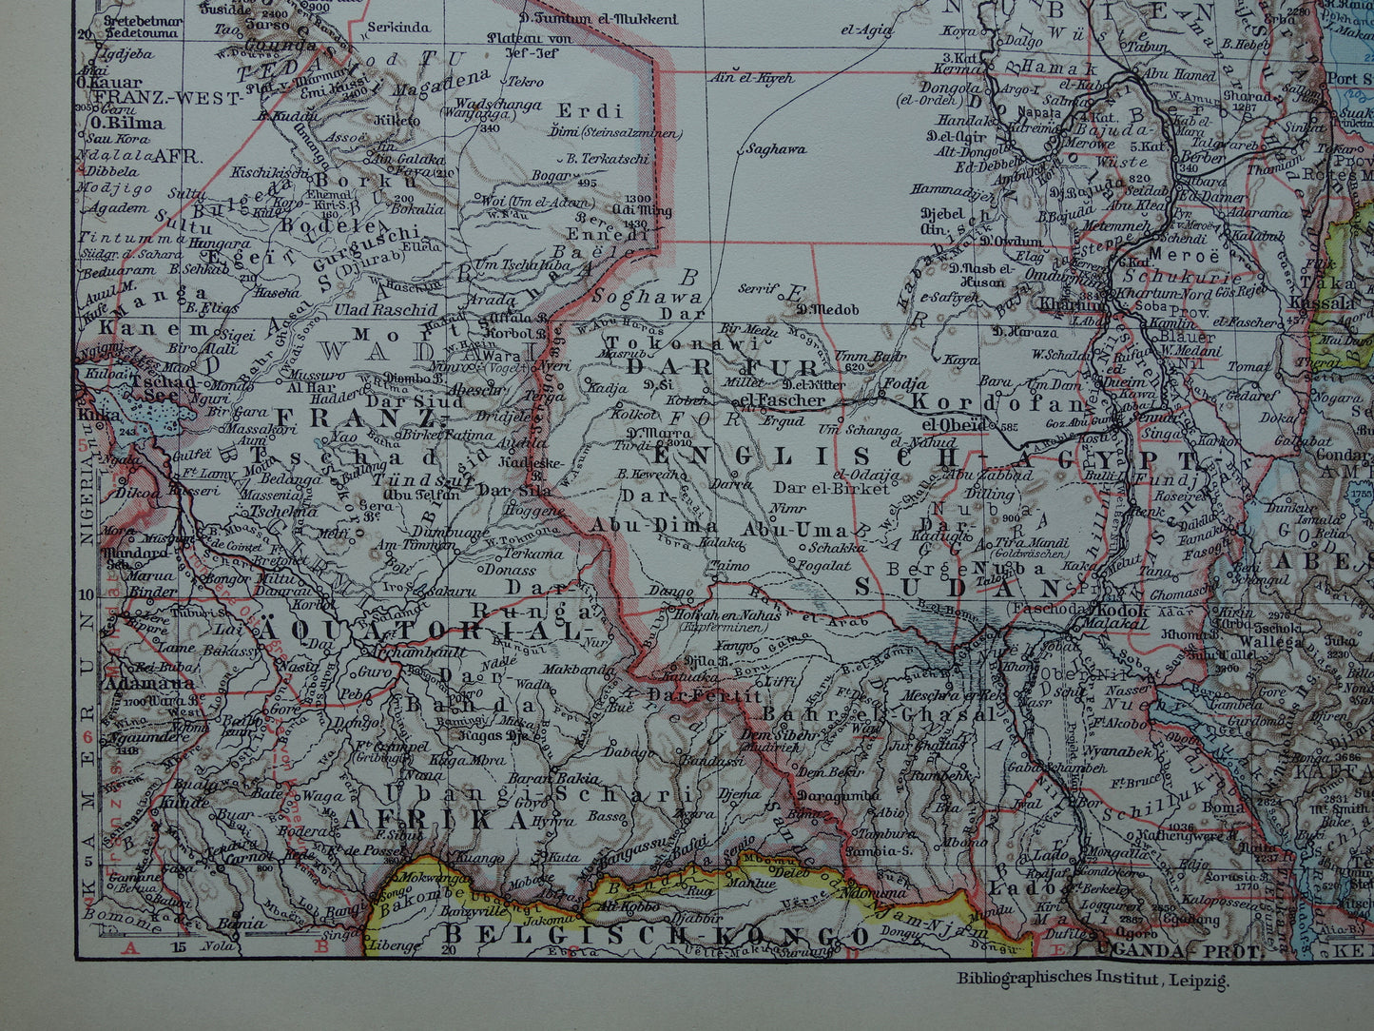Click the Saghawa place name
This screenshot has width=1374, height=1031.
(x=775, y=148)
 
